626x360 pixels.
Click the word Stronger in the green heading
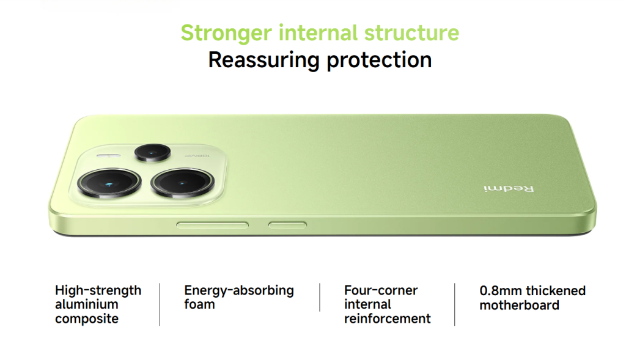pos(226,33)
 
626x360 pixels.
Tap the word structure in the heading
pos(411,32)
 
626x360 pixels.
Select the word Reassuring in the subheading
pos(264,61)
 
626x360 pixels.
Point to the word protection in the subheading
pos(379,61)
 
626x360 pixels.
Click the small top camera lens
pos(152,153)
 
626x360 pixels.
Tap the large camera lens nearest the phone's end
pos(109,183)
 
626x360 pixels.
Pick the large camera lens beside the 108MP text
pos(182,183)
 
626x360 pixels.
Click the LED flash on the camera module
pos(108,156)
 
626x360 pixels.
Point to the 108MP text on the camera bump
pos(197,155)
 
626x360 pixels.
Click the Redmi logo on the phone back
pos(509,188)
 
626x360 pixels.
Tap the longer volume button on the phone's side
pos(212,226)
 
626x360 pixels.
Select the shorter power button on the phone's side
pos(287,226)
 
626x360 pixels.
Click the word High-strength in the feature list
pos(98,290)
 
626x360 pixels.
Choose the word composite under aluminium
pos(87,319)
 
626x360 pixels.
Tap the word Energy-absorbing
pos(239,290)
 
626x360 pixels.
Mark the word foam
pos(200,304)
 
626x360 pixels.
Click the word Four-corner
pos(381,290)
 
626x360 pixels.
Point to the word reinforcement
pos(387,318)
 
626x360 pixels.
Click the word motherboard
pos(520,306)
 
